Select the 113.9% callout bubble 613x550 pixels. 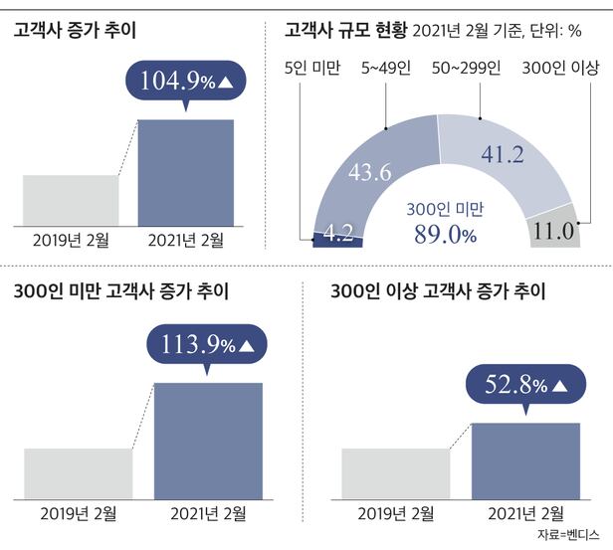[206, 345]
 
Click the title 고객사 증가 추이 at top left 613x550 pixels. [75, 30]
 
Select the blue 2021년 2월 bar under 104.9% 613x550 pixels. [185, 171]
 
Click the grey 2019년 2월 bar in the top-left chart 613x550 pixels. [70, 199]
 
